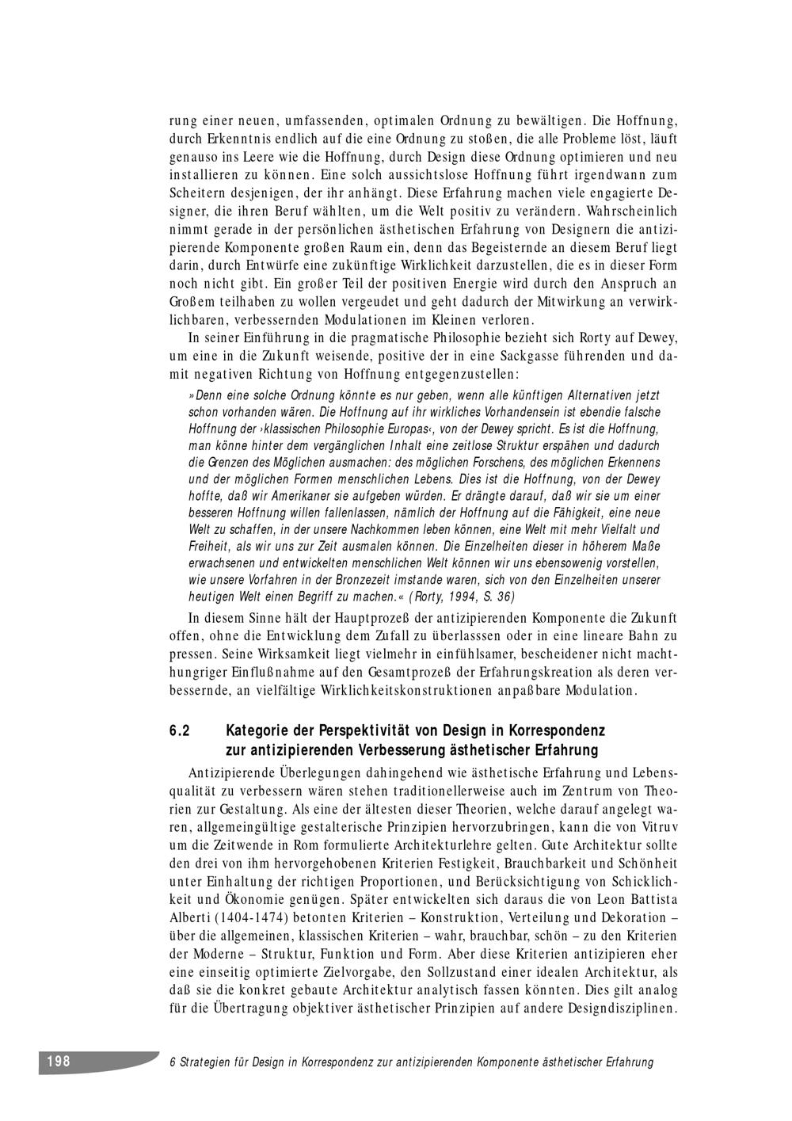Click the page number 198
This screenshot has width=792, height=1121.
[58, 1062]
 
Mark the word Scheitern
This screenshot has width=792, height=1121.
[196, 193]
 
